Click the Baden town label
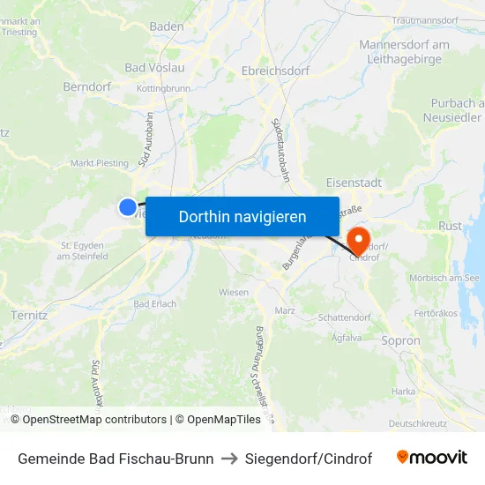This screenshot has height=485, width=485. pyautogui.click(x=167, y=26)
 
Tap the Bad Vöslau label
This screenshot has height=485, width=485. pyautogui.click(x=155, y=67)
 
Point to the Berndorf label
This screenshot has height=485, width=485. pyautogui.click(x=86, y=86)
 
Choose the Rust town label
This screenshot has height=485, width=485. pyautogui.click(x=450, y=226)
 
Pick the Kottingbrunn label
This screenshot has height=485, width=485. pyautogui.click(x=163, y=89)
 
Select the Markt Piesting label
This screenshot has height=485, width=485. pyautogui.click(x=99, y=162)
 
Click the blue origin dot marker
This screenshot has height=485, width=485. pyautogui.click(x=128, y=206)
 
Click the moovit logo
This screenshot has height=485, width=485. pyautogui.click(x=431, y=458)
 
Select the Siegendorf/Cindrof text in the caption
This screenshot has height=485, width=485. pyautogui.click(x=310, y=459)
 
